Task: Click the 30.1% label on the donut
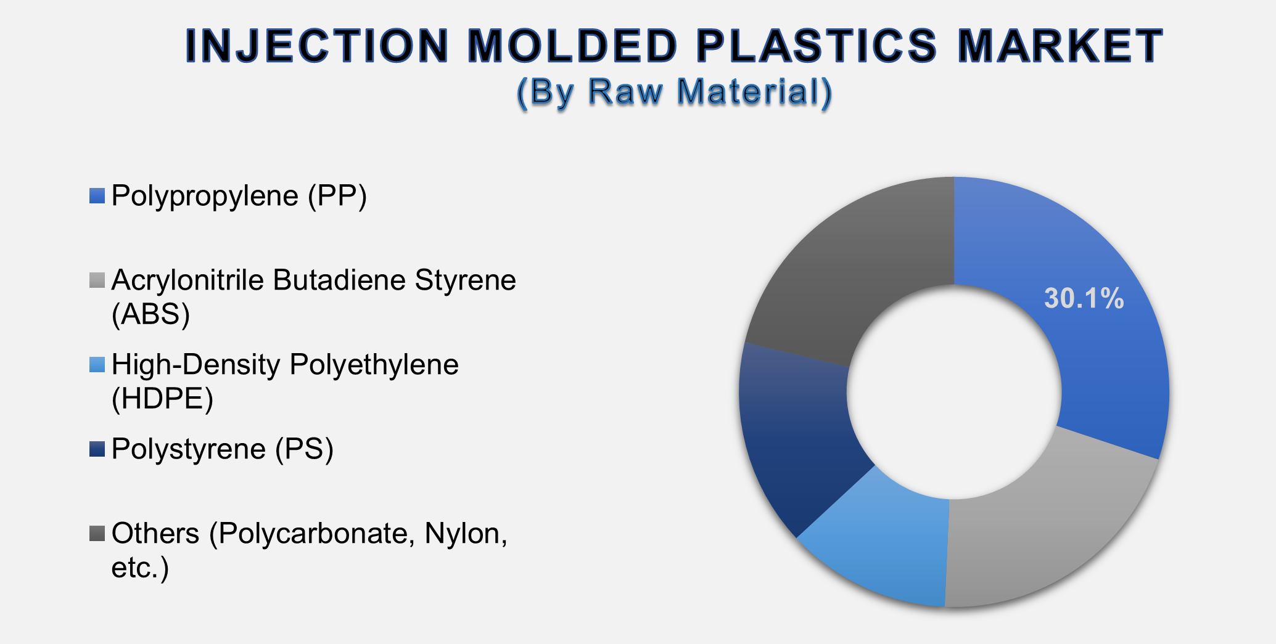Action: (1084, 299)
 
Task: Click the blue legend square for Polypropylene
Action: (97, 196)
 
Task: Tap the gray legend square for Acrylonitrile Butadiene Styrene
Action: (97, 280)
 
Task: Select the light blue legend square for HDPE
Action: (97, 365)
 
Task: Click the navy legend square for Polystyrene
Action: (97, 449)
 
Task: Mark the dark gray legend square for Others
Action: (97, 533)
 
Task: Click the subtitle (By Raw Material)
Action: (675, 92)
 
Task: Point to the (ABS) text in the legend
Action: (150, 314)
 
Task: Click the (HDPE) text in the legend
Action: (162, 399)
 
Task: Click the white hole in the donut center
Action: (954, 392)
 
